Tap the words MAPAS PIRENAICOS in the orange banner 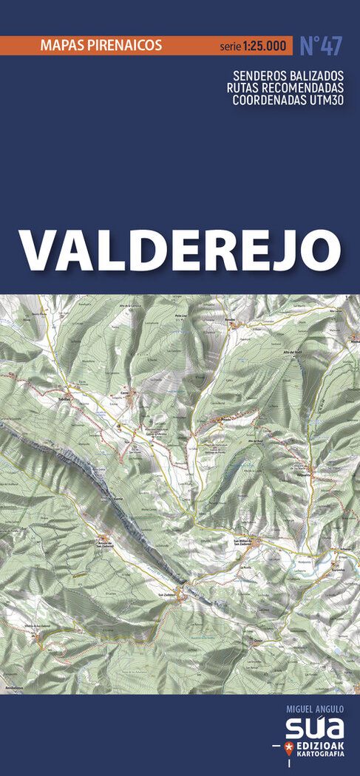point(102,45)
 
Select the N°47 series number point(321,45)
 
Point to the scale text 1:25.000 point(263,47)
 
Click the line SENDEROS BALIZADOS point(288,75)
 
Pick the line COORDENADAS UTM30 point(288,100)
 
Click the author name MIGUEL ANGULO point(313,708)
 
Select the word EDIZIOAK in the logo point(319,743)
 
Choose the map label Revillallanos point(13,687)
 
